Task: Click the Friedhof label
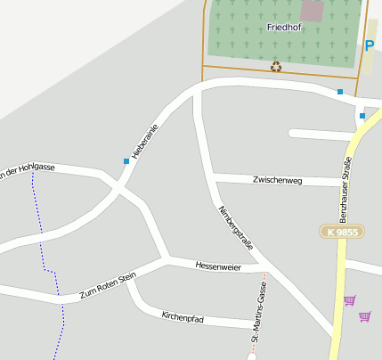tap(284, 28)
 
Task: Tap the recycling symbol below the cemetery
tap(276, 66)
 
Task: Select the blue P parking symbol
tap(370, 45)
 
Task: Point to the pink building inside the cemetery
tap(313, 12)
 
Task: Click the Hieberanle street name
tap(144, 140)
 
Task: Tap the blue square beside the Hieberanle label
tap(126, 161)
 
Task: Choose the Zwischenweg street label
tap(278, 181)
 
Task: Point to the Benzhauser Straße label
tap(344, 186)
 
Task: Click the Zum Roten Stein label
tap(108, 286)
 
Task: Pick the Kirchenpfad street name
tap(183, 316)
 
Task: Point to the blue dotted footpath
tap(48, 267)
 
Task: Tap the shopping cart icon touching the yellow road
tap(349, 300)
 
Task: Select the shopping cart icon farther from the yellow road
tap(364, 316)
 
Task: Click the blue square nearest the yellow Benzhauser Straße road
tap(362, 116)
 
